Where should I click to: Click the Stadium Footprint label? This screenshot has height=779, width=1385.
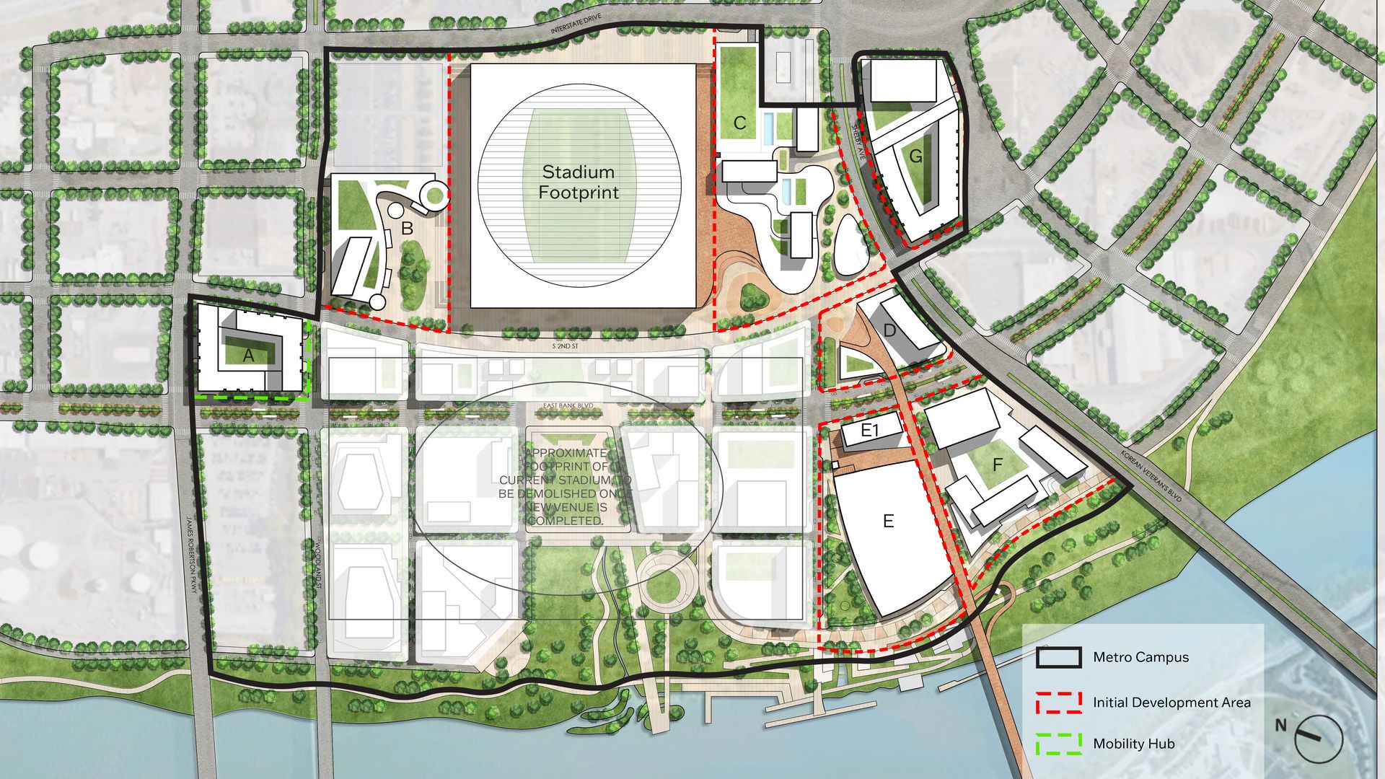[x=579, y=182]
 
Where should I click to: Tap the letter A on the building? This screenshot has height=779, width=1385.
[x=249, y=356]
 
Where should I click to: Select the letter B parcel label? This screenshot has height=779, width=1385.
[x=407, y=229]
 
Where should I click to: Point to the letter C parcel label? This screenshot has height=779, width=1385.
[x=739, y=123]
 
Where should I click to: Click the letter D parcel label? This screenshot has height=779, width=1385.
[x=889, y=331]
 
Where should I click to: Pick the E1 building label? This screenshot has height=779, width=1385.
[x=871, y=431]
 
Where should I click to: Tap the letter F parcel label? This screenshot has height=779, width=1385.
[x=998, y=465]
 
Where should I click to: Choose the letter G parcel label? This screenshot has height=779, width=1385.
[x=915, y=157]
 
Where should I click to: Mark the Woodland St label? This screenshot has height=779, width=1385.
[x=318, y=569]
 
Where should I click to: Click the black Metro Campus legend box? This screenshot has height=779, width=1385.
[x=1059, y=657]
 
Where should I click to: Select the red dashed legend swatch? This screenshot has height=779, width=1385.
[x=1059, y=703]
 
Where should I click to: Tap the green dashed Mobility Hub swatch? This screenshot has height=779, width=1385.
[x=1059, y=744]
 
